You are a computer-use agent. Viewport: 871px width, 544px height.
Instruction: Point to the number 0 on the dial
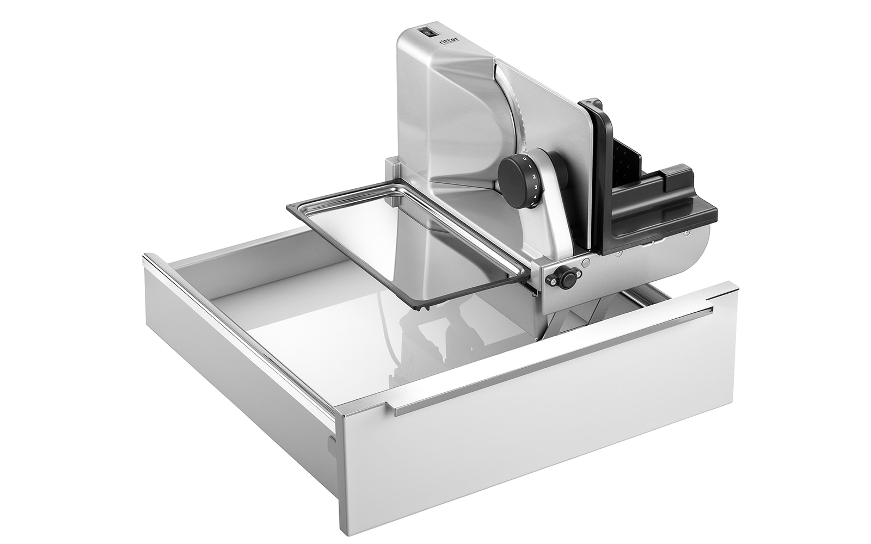tap(525, 158)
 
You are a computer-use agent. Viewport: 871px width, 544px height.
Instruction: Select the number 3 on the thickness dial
tap(536, 187)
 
